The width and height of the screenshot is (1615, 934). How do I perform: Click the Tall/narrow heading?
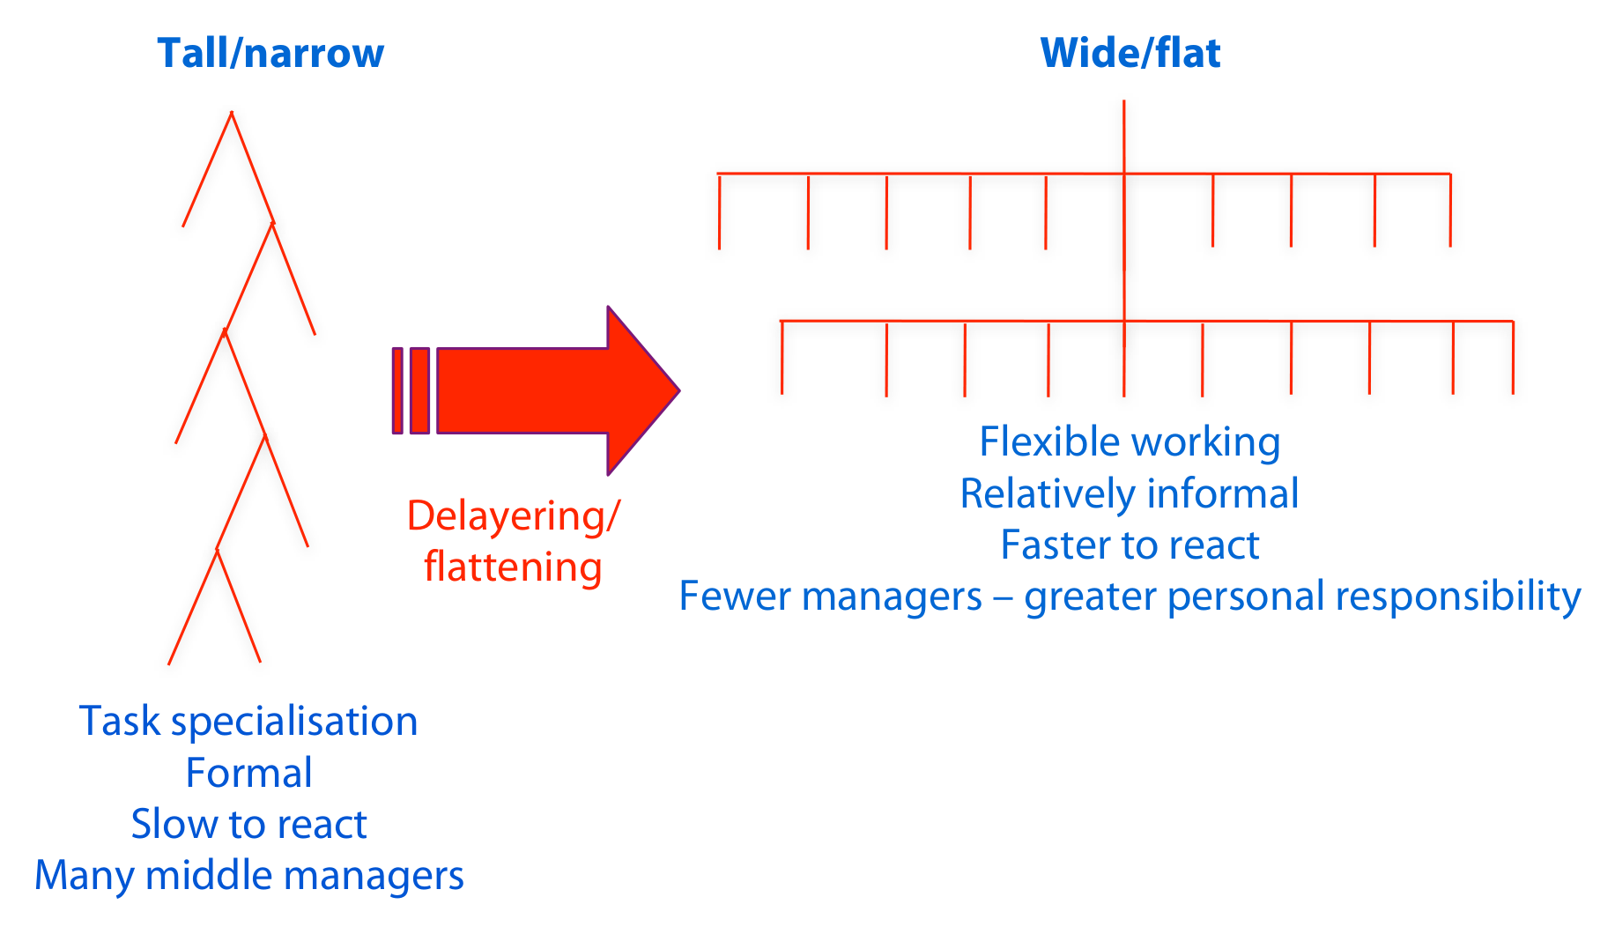click(x=270, y=54)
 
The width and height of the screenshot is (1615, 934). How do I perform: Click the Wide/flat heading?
click(x=1130, y=53)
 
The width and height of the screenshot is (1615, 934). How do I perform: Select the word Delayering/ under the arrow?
click(x=514, y=516)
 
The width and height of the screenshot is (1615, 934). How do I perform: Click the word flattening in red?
click(x=513, y=567)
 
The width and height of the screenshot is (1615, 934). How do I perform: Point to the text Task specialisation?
click(x=248, y=722)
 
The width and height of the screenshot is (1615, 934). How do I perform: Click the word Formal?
click(x=248, y=773)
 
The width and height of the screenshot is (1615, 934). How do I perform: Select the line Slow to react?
click(x=248, y=824)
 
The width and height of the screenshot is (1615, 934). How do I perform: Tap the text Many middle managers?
click(x=248, y=876)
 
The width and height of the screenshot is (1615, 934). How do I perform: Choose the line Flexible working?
click(x=1130, y=442)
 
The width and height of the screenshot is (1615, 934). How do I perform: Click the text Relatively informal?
click(x=1130, y=493)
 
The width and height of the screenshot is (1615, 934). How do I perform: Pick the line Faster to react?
click(x=1130, y=545)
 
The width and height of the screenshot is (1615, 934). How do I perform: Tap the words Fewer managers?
click(x=830, y=597)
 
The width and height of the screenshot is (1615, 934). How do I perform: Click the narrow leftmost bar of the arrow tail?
click(x=397, y=390)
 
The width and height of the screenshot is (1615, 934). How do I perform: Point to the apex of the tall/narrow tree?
click(x=232, y=112)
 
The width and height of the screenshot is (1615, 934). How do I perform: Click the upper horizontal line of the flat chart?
click(x=1084, y=174)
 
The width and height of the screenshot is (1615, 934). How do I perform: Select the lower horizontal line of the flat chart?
click(x=1147, y=321)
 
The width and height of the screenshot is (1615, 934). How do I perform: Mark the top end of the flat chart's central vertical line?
click(x=1124, y=100)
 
